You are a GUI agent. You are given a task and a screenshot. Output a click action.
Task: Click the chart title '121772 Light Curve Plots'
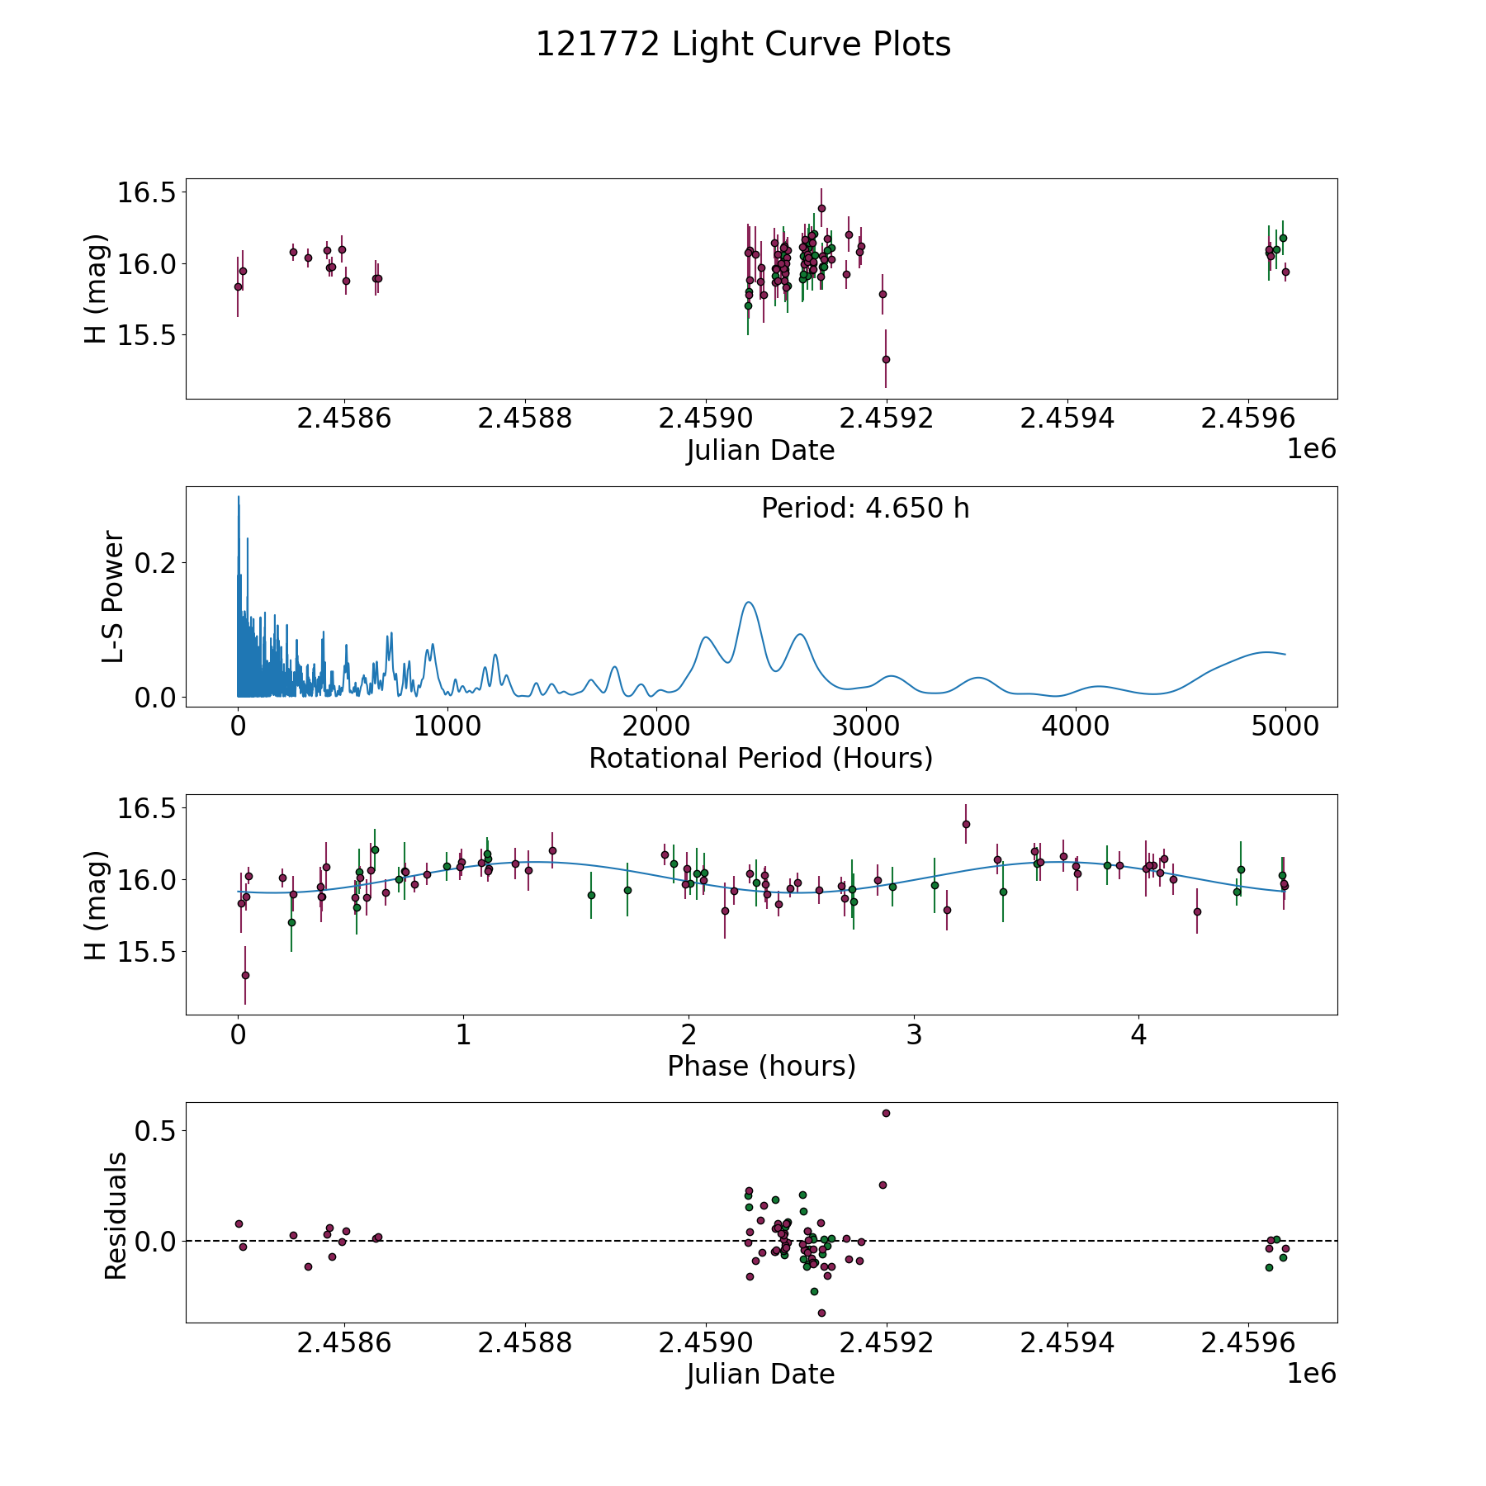[743, 45]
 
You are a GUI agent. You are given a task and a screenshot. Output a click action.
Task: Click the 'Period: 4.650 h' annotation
[865, 509]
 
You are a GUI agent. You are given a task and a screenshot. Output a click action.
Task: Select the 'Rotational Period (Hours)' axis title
[760, 758]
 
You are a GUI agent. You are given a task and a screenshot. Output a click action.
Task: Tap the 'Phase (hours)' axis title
[761, 1066]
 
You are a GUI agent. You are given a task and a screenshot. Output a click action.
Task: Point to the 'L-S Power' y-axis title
[114, 597]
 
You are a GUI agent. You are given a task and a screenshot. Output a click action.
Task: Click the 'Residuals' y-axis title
[116, 1216]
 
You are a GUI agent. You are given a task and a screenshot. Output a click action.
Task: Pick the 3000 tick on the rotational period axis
[865, 727]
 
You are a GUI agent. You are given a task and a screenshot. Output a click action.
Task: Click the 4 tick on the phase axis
[1138, 1035]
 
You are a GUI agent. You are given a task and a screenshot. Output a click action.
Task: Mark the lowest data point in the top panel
[886, 359]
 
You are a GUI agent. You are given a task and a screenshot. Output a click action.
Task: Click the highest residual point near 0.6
[886, 1113]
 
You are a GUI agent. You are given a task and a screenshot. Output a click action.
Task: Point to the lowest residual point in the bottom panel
[821, 1313]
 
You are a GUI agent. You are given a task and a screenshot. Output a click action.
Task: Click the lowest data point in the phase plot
[245, 975]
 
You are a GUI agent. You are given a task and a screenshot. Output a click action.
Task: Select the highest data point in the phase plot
[966, 824]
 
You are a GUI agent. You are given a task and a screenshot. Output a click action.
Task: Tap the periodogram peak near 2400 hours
[748, 603]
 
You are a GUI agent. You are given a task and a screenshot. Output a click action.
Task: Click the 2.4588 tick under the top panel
[525, 419]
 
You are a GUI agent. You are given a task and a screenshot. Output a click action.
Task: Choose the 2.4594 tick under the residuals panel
[1067, 1343]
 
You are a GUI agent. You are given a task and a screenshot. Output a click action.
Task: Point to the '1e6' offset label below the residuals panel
[1311, 1373]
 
